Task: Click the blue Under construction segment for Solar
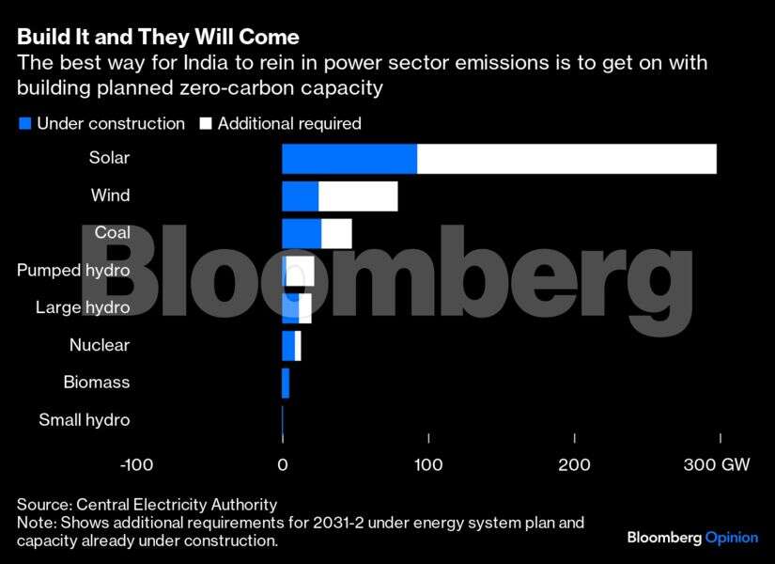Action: click(x=349, y=159)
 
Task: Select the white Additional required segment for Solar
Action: click(x=566, y=159)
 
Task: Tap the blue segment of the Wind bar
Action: click(x=301, y=196)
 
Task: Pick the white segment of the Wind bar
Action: click(x=358, y=196)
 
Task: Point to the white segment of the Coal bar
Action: click(x=336, y=233)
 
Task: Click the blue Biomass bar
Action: click(x=286, y=383)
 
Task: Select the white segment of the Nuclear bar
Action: click(x=298, y=346)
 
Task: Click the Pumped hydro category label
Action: click(x=73, y=271)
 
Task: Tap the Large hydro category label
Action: click(x=83, y=307)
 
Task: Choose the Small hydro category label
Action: click(x=85, y=420)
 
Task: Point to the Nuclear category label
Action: click(x=100, y=345)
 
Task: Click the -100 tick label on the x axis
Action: click(x=137, y=464)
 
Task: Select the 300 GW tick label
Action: click(x=717, y=464)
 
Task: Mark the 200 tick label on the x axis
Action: click(x=574, y=464)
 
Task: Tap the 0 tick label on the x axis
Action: click(x=283, y=464)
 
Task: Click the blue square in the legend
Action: click(x=25, y=123)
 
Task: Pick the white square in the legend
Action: click(x=206, y=123)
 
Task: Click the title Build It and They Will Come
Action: click(x=158, y=38)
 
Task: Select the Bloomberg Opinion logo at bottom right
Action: click(x=692, y=538)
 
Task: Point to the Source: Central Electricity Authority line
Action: click(x=147, y=505)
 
